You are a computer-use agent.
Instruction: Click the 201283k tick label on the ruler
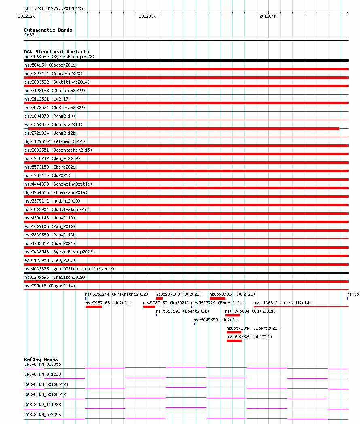point(147,16)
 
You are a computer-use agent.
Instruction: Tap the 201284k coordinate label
point(267,16)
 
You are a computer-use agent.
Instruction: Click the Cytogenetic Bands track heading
point(48,30)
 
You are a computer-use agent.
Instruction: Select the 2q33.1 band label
point(32,35)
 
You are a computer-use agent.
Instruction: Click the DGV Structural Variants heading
point(56,52)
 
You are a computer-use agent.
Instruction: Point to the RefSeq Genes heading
point(41,359)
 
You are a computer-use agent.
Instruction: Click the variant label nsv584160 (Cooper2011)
point(51,65)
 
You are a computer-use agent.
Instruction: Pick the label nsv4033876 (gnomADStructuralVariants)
point(69,269)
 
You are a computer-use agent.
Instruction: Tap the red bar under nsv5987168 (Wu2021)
point(94,307)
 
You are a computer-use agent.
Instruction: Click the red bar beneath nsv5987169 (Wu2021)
point(149,307)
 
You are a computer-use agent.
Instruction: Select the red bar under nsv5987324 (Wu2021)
point(217,298)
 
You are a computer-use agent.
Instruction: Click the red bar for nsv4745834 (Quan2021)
point(233,315)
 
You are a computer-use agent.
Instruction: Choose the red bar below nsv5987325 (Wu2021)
point(234,341)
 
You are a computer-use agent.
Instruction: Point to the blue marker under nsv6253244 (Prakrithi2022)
point(86,298)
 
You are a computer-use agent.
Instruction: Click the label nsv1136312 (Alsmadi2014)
point(282,303)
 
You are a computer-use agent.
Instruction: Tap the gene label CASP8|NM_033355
point(42,364)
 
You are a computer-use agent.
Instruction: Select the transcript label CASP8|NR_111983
point(42,405)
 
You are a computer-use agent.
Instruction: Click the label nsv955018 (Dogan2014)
point(50,286)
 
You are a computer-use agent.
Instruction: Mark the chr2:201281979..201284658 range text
point(55,8)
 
